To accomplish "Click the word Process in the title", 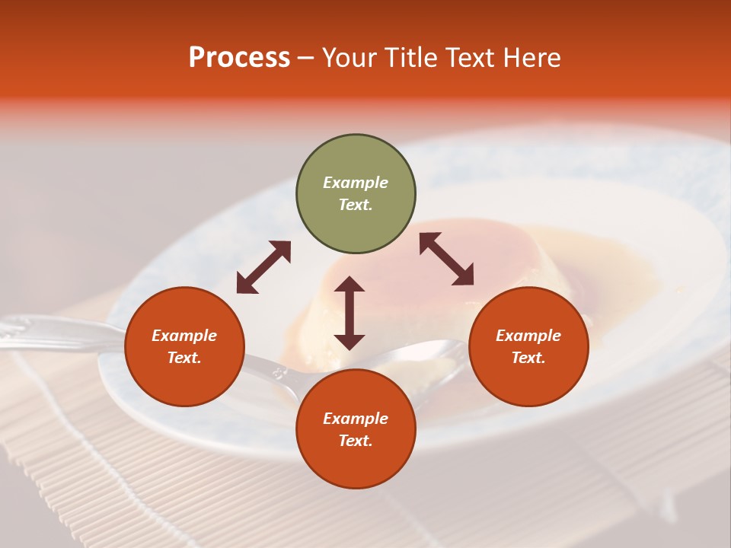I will click(x=239, y=58).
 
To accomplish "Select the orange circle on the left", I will click(x=184, y=346).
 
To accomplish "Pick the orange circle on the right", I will click(x=528, y=346).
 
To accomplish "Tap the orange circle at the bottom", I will click(x=356, y=429).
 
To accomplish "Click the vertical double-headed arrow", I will click(x=350, y=313).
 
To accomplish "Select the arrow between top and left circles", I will click(x=263, y=266).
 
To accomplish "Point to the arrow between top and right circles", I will click(x=446, y=259).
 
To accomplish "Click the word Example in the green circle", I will click(x=356, y=183).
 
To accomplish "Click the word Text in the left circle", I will click(x=184, y=358).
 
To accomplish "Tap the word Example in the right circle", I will click(x=528, y=336).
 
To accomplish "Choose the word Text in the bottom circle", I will click(x=356, y=441).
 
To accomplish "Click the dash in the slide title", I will click(x=305, y=58).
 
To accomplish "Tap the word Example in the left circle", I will click(x=184, y=336).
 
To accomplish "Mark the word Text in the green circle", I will click(x=356, y=205).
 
